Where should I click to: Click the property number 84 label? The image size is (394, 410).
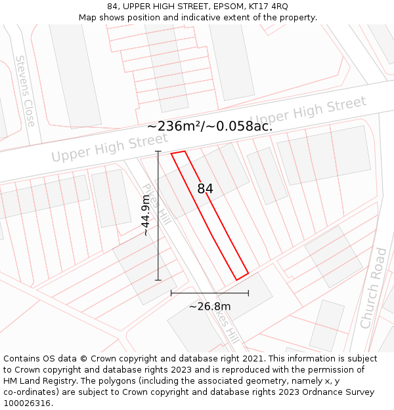pyautogui.click(x=205, y=189)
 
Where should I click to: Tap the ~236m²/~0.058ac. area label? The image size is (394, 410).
pyautogui.click(x=209, y=126)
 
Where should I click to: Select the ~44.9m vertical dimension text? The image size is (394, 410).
pyautogui.click(x=146, y=216)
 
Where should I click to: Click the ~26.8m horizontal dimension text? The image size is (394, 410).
pyautogui.click(x=210, y=306)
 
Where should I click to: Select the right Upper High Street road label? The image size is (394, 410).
pyautogui.click(x=307, y=111)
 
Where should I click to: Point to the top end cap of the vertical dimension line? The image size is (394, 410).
pyautogui.click(x=158, y=152)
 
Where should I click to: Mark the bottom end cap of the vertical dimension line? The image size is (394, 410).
pyautogui.click(x=158, y=280)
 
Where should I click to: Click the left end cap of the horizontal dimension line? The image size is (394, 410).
pyautogui.click(x=171, y=293)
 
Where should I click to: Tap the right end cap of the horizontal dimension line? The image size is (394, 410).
pyautogui.click(x=248, y=293)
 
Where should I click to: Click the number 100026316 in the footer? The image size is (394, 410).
pyautogui.click(x=27, y=403)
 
